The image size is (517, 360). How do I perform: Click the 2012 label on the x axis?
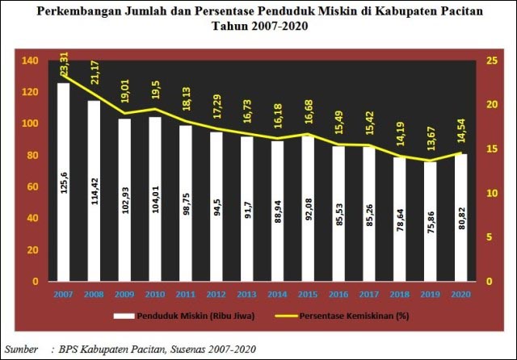[x=216, y=294]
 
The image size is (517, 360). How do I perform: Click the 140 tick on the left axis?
[x=30, y=61]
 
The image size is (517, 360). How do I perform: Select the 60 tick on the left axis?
[x=32, y=187]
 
